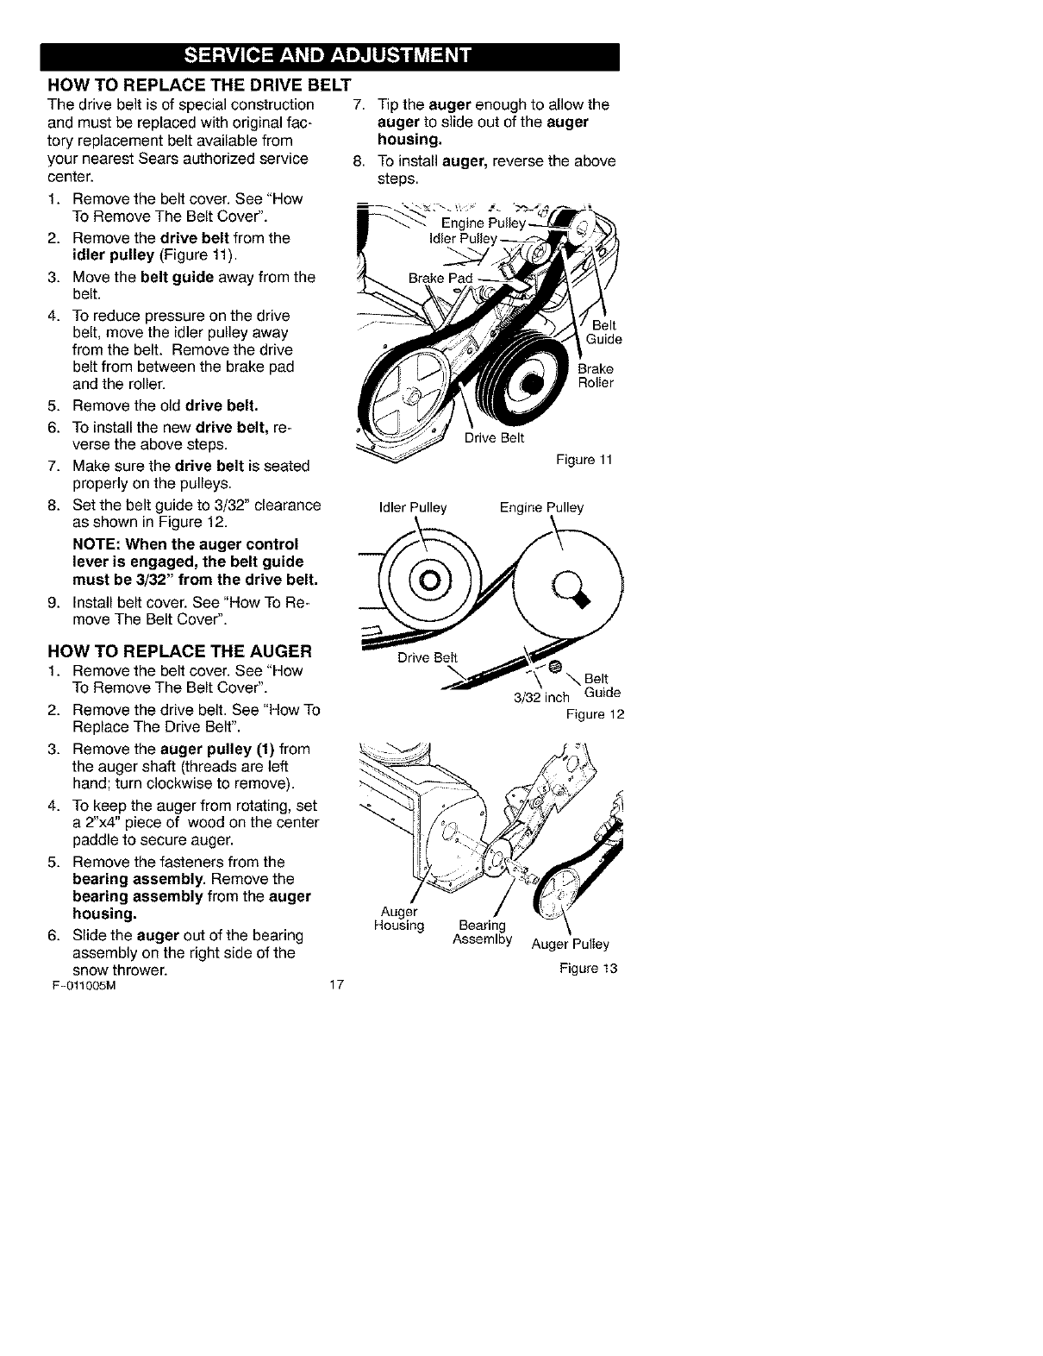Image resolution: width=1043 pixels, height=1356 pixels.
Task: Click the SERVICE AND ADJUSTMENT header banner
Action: click(x=329, y=57)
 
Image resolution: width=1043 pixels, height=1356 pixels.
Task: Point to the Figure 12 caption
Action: click(x=594, y=714)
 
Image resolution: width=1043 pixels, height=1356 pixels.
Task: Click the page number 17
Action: click(x=337, y=986)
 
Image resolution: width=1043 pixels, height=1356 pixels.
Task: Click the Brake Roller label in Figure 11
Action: click(x=596, y=375)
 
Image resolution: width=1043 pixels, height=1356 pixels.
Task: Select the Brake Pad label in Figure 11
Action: click(x=440, y=279)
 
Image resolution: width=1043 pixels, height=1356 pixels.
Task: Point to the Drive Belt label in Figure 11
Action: click(x=494, y=436)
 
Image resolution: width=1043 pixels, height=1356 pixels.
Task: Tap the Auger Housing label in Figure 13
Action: click(x=399, y=919)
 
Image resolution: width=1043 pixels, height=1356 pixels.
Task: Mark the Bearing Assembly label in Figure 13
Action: click(x=482, y=932)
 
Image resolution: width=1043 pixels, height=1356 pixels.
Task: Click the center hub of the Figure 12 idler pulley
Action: click(x=430, y=577)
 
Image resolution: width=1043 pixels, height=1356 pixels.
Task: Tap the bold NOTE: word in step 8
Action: click(x=97, y=544)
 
